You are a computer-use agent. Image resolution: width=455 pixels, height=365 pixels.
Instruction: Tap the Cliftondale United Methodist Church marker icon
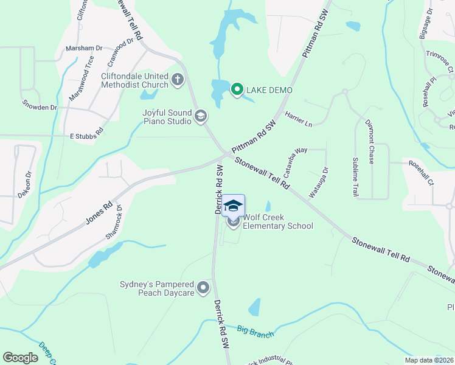tap(178, 79)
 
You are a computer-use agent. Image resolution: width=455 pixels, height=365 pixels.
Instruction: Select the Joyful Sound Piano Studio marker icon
tap(201, 115)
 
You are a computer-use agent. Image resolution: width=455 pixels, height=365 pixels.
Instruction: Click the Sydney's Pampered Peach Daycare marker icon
tap(203, 287)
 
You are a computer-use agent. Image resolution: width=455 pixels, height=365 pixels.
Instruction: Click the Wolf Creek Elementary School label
tap(278, 221)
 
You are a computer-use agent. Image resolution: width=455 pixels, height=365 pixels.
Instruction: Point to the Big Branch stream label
tap(256, 332)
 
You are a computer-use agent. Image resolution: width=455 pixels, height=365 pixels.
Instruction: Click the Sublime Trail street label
tap(355, 176)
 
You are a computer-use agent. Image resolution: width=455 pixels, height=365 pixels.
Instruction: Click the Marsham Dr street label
tap(85, 47)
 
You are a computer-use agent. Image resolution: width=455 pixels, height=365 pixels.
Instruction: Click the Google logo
tap(20, 358)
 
